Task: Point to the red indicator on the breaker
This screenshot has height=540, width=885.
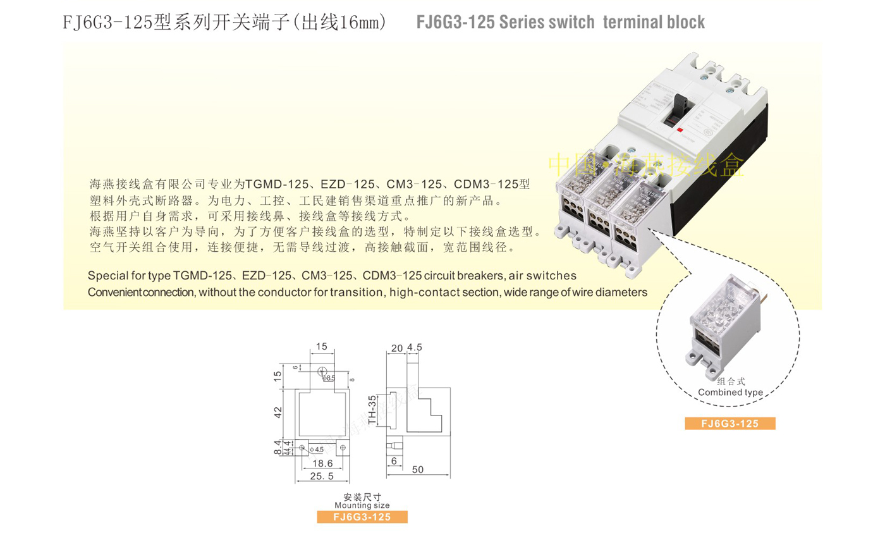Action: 680,129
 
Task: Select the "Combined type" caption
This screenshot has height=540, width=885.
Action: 730,392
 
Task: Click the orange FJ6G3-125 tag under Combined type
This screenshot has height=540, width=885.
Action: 730,424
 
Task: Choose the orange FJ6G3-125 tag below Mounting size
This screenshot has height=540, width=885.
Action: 362,517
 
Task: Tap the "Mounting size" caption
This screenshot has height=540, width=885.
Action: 362,505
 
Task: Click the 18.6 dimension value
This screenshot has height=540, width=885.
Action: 323,463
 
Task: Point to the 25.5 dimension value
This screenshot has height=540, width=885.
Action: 323,475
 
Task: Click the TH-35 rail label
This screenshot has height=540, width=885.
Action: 373,409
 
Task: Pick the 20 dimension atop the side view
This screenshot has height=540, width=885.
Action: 397,347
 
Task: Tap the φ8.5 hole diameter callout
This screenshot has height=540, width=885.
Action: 329,378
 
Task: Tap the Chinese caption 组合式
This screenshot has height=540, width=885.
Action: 731,382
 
